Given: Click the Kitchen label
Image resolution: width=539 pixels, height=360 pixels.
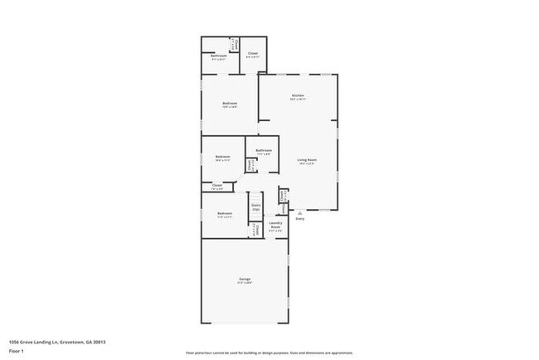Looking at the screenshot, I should tap(298, 95).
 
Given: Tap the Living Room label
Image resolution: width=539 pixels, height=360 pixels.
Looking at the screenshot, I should tap(307, 159).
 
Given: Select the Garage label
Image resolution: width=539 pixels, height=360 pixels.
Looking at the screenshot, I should tap(245, 279).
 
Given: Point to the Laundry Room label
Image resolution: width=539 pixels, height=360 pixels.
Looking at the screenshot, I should tap(275, 225).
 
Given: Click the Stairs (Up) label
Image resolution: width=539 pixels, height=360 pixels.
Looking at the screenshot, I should tap(256, 207).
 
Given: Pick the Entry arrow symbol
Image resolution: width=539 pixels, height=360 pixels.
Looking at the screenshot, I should tap(299, 213).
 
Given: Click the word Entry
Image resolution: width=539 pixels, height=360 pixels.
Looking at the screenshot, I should tap(299, 219).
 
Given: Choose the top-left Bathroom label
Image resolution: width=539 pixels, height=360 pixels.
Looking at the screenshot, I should tap(219, 56).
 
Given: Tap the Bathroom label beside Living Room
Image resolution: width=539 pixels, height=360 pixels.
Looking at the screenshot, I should tap(264, 150).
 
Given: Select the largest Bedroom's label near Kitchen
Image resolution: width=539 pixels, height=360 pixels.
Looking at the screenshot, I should tap(230, 104).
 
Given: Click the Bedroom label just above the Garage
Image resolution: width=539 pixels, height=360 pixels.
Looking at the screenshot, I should tap(224, 214).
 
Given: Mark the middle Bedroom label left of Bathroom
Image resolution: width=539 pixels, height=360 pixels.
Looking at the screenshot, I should tap(222, 157).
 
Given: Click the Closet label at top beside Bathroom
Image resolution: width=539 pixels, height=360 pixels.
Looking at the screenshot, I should tap(253, 54).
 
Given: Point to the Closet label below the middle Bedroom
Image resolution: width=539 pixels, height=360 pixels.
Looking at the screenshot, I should tap(217, 185).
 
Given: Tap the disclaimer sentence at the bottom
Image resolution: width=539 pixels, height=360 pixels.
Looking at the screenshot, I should tap(269, 353).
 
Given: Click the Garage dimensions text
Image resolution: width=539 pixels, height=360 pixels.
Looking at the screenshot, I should tap(245, 283).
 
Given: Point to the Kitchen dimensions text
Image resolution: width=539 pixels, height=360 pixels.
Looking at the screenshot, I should tap(298, 100).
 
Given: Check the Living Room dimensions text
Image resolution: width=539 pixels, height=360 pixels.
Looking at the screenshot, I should tap(307, 163).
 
